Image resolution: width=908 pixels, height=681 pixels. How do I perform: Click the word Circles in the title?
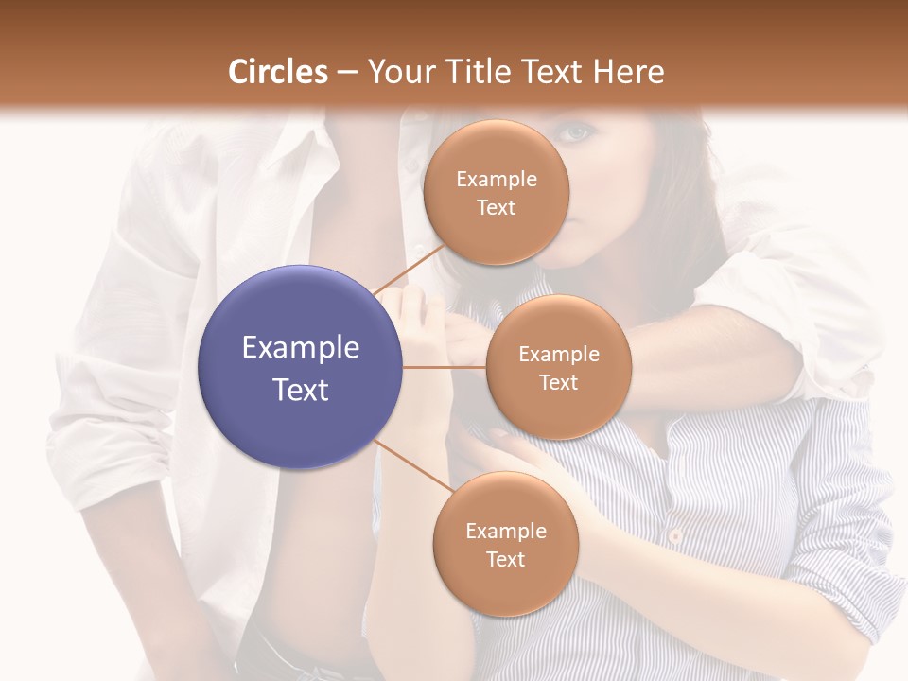click(x=277, y=72)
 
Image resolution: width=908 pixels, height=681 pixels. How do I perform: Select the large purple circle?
click(x=301, y=367)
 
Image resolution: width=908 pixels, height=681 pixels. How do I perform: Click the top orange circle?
click(x=497, y=192)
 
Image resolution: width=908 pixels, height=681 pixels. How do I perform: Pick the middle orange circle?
click(x=558, y=367)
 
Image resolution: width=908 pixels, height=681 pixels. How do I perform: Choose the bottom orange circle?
click(x=505, y=544)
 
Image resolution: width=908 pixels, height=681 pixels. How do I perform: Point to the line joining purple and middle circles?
click(x=445, y=367)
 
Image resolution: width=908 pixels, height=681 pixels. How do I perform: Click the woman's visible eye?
click(x=574, y=134)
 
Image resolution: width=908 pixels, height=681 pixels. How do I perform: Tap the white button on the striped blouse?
click(x=675, y=535)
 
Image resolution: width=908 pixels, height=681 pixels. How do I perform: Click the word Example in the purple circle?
click(x=301, y=348)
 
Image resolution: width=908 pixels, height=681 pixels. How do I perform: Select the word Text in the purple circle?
click(x=301, y=389)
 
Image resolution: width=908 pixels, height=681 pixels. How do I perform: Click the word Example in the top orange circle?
click(x=497, y=179)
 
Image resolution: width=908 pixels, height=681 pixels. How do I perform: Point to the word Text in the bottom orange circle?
click(x=505, y=559)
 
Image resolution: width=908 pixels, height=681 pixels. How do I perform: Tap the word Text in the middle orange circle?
click(x=558, y=382)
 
